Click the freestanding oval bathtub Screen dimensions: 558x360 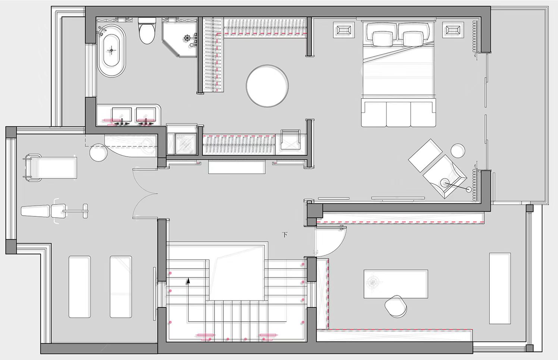112,51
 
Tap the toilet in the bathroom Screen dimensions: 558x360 147,30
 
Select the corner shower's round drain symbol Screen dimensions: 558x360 187,38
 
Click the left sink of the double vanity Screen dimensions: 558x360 122,115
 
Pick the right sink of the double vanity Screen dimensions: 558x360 146,115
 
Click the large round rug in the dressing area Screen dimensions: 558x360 267,86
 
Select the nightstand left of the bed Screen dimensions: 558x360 344,30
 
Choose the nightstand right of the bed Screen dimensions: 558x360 453,30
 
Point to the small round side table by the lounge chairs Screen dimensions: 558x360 458,151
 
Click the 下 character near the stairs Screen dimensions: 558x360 285,235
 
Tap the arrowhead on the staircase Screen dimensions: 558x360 188,281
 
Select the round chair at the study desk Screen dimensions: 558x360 396,306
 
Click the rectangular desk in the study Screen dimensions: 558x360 396,284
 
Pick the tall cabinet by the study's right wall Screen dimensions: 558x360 500,288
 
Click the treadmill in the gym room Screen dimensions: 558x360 50,168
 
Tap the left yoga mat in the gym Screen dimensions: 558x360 79,287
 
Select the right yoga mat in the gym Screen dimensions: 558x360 121,287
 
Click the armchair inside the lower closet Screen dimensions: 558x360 290,140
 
